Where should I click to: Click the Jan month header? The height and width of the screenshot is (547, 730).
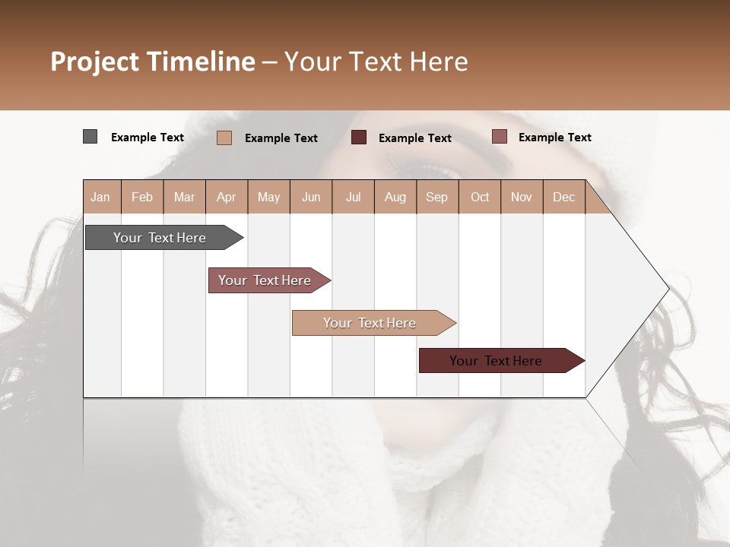click(x=101, y=197)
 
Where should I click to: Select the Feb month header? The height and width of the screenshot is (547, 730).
click(x=142, y=197)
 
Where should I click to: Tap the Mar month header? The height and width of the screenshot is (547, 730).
click(x=184, y=197)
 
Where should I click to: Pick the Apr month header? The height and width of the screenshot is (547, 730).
click(x=227, y=197)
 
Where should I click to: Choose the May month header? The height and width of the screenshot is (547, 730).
click(x=268, y=197)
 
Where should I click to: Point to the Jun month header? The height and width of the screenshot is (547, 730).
click(x=311, y=197)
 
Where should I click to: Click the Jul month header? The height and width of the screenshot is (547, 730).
click(x=353, y=197)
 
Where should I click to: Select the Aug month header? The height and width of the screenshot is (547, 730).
click(x=395, y=197)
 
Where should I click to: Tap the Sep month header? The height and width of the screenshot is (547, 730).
click(x=437, y=197)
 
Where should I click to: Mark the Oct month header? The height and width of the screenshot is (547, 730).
click(x=480, y=197)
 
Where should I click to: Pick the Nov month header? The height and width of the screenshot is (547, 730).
click(x=522, y=197)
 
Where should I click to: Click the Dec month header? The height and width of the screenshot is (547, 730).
click(x=564, y=197)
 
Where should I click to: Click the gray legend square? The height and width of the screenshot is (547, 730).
click(x=90, y=137)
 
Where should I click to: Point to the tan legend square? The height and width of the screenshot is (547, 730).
click(x=224, y=138)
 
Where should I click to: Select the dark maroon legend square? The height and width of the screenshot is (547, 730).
click(x=359, y=137)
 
